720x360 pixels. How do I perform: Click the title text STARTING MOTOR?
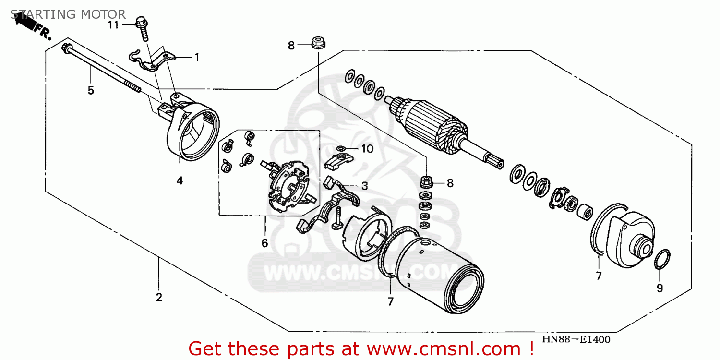(x=68, y=14)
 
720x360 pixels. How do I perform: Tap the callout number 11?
(x=113, y=25)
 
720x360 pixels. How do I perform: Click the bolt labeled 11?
(x=143, y=29)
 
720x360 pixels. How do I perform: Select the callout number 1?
(x=197, y=58)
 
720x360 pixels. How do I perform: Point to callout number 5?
(x=91, y=90)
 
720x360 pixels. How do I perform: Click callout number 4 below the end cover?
(x=180, y=180)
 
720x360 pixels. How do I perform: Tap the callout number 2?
(x=159, y=297)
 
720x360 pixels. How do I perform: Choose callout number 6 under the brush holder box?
(x=264, y=243)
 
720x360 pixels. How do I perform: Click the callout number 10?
(x=367, y=149)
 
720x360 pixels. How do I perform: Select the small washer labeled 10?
(x=341, y=148)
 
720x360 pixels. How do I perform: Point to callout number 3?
(x=364, y=186)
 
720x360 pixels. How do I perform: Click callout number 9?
(x=660, y=288)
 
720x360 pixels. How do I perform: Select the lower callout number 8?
(x=450, y=183)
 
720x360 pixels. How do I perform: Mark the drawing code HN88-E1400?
(x=576, y=339)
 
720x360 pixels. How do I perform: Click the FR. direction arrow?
(x=27, y=23)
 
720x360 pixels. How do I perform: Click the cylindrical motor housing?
(x=439, y=275)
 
